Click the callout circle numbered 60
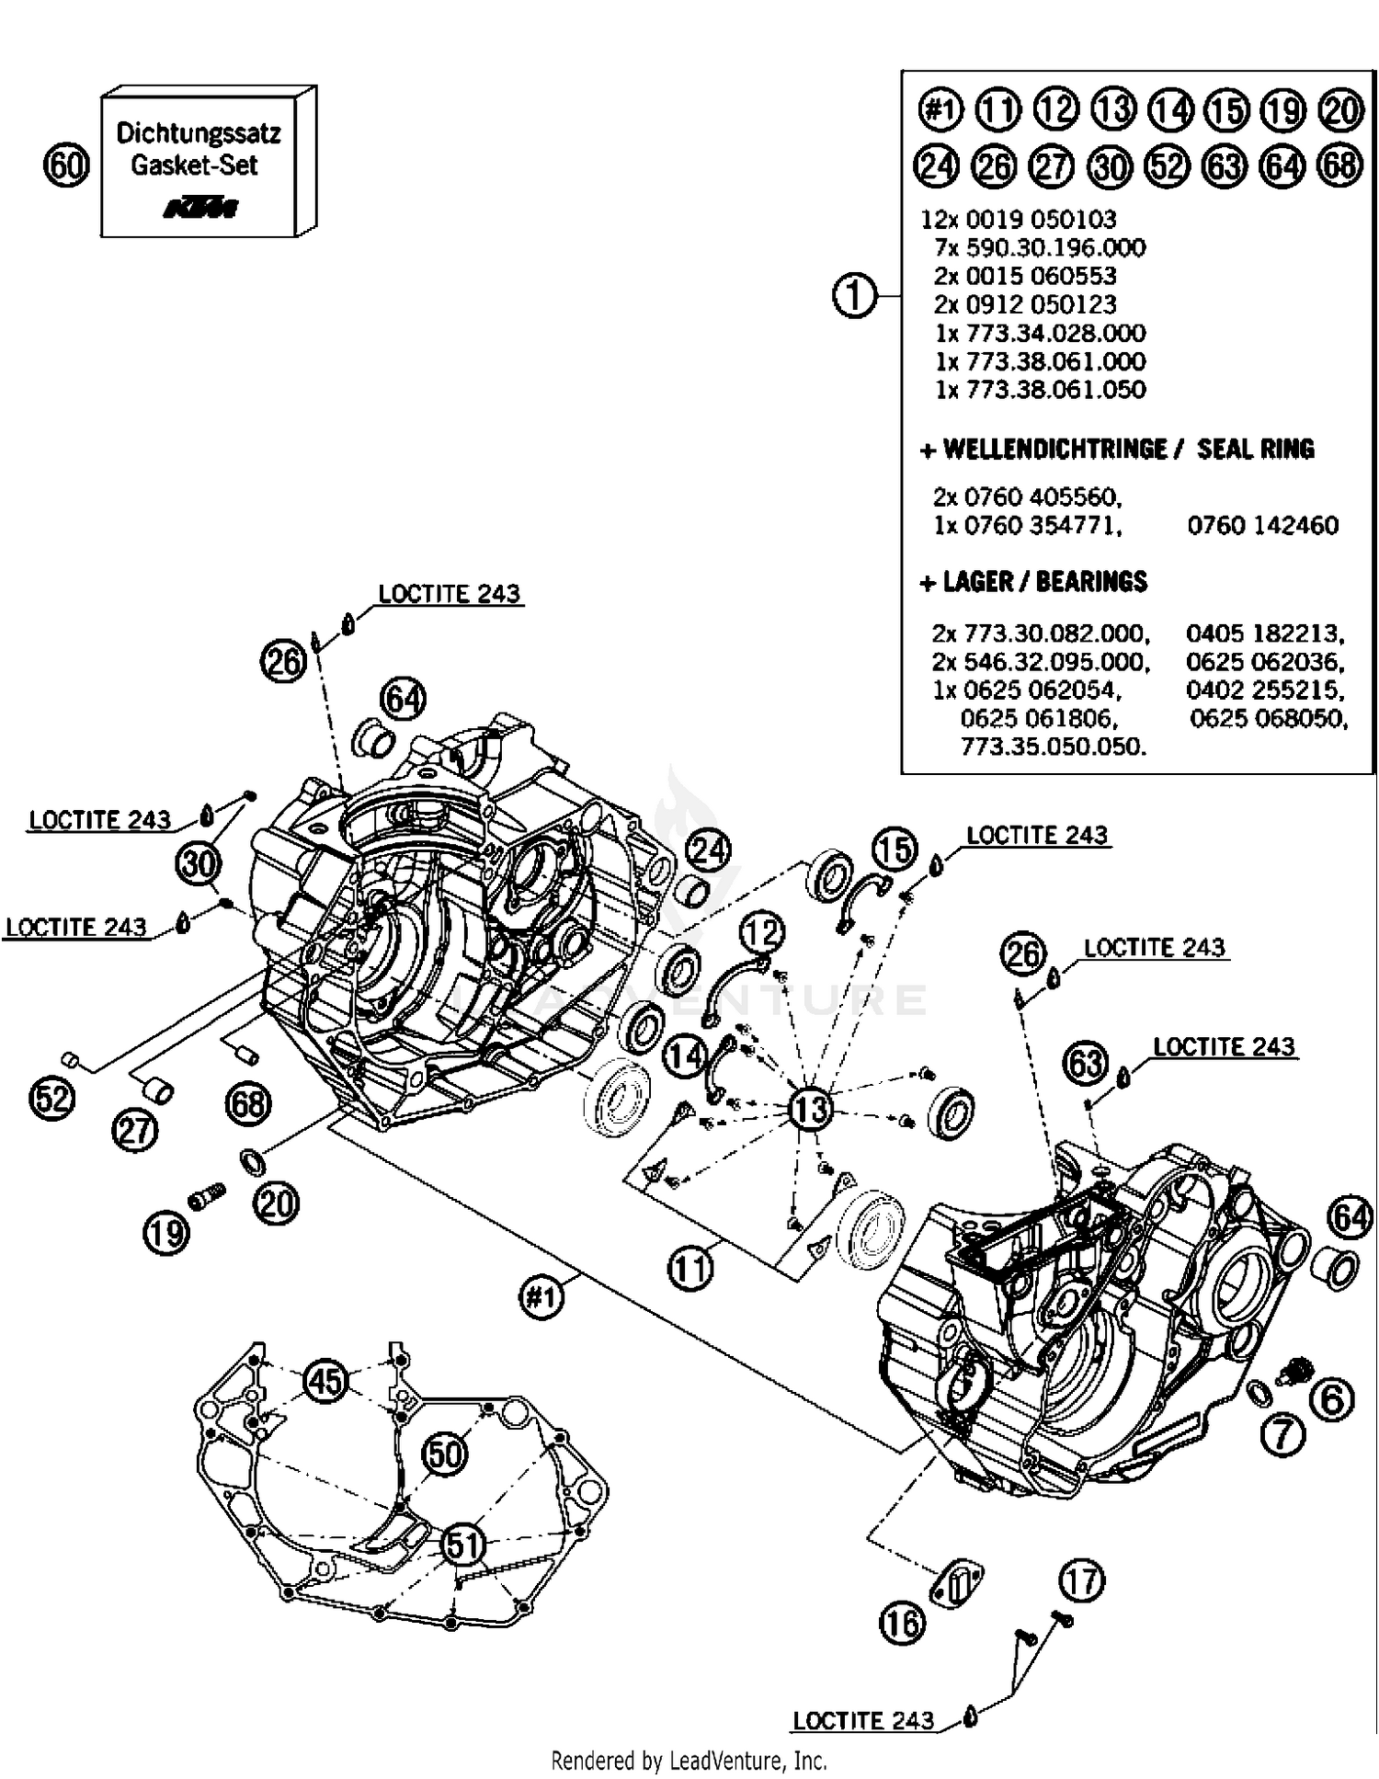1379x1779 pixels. [66, 166]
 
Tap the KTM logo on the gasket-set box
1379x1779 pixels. [201, 208]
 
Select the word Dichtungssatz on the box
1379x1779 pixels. [199, 133]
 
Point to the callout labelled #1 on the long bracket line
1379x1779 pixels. [541, 1297]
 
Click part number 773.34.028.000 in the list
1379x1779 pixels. [1040, 333]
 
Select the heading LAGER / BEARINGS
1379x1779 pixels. [1034, 582]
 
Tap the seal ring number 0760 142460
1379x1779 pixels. [1262, 525]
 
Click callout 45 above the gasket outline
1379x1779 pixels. [325, 1381]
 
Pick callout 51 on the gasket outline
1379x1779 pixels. [463, 1545]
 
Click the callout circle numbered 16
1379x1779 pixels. [902, 1623]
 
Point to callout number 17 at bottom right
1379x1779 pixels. [1081, 1581]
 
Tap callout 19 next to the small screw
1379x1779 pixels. [166, 1232]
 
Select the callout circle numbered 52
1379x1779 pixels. [51, 1098]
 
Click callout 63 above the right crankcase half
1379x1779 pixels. [1086, 1064]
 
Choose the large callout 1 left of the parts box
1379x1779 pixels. [854, 296]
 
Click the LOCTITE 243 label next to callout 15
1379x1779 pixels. [1037, 835]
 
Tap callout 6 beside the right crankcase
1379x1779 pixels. [1332, 1399]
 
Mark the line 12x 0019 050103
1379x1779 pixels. [1019, 219]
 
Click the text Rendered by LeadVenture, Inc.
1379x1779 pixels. [689, 1760]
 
